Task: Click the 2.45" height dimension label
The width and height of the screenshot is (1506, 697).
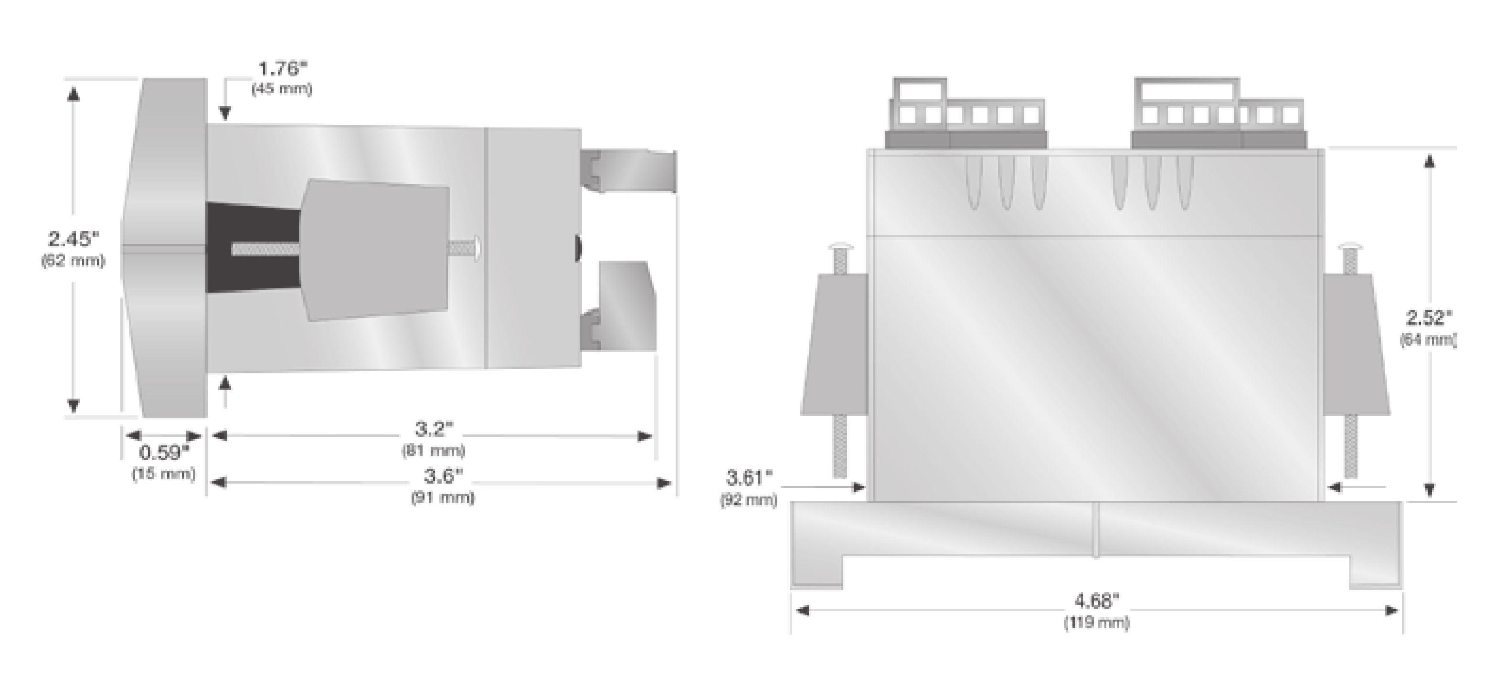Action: (x=74, y=239)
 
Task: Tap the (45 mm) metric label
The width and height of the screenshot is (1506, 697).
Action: (x=282, y=89)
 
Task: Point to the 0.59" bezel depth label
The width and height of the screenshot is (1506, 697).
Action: (x=164, y=453)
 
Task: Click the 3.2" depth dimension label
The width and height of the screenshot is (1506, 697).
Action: (x=434, y=429)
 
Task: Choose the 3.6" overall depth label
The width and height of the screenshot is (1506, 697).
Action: (x=443, y=476)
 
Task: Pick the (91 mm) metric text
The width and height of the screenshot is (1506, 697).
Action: (x=443, y=497)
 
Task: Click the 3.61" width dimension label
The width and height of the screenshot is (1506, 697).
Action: (x=748, y=478)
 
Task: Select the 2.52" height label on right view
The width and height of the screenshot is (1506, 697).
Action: (x=1429, y=317)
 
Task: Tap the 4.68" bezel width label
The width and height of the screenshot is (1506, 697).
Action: (x=1096, y=601)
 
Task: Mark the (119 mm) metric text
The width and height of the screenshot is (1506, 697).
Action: (x=1096, y=622)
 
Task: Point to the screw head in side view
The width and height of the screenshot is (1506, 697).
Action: (x=477, y=247)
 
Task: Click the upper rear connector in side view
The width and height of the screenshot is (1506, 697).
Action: (x=628, y=171)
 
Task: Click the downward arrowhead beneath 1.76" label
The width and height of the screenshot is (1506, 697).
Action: (x=225, y=113)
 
